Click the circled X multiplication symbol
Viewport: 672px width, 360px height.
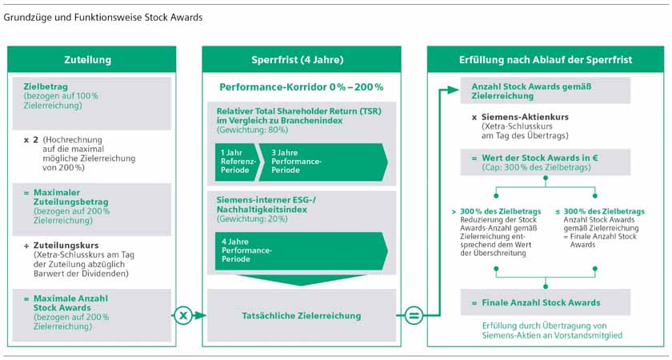click(183, 316)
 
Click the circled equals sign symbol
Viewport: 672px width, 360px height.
click(414, 316)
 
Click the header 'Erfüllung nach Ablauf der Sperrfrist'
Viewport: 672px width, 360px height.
click(546, 59)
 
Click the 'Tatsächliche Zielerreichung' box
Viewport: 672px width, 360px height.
click(302, 316)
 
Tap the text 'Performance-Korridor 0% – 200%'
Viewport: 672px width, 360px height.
click(302, 87)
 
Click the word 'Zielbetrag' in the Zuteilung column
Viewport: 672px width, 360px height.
click(46, 86)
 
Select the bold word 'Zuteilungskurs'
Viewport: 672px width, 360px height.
click(66, 246)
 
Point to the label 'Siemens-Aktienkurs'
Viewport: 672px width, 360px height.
click(525, 117)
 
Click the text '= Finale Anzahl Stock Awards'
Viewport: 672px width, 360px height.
click(536, 302)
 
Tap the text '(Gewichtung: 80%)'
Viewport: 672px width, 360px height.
click(253, 130)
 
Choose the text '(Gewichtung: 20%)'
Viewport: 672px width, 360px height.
click(252, 218)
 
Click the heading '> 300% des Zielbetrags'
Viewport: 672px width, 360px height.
click(496, 212)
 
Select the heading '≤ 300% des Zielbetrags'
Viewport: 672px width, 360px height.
click(600, 212)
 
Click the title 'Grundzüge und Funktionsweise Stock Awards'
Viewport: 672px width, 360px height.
click(103, 18)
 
